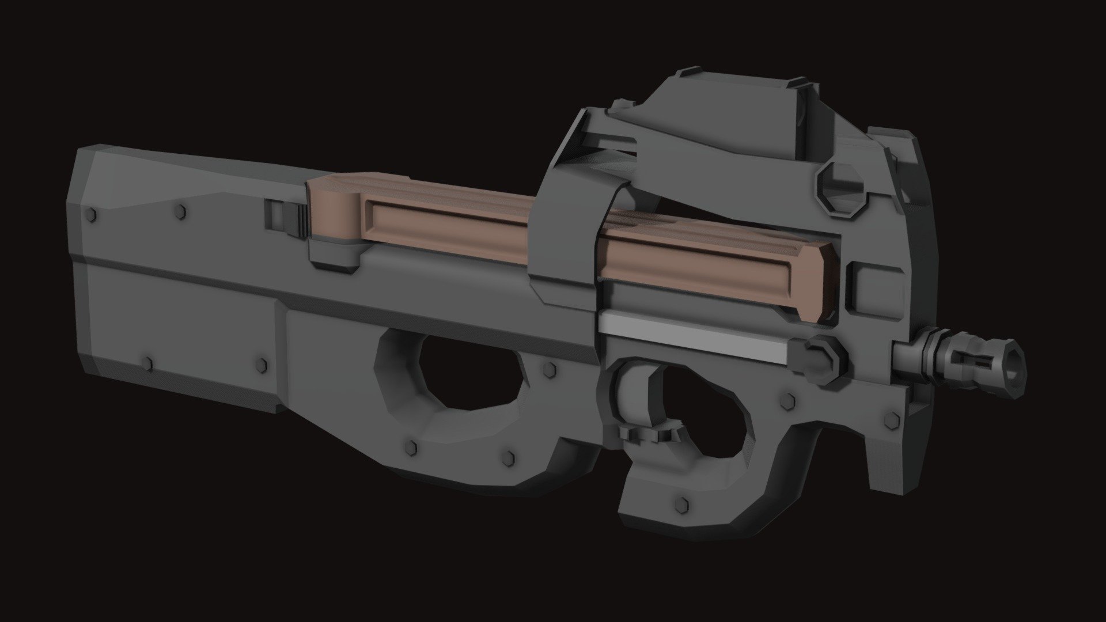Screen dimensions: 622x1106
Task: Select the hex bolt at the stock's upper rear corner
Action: point(91,215)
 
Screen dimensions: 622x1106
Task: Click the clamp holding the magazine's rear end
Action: point(334,253)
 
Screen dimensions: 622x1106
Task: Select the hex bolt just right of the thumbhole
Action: point(548,369)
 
